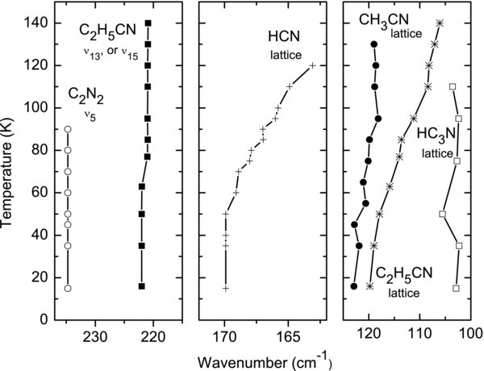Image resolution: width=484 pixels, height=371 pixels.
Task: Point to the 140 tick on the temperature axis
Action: pyautogui.click(x=32, y=23)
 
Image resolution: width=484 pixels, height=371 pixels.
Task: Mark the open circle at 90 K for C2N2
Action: pyautogui.click(x=68, y=129)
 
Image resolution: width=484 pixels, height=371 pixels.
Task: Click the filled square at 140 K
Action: pyautogui.click(x=148, y=23)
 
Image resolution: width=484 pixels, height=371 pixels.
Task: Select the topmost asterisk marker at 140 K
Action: pyautogui.click(x=440, y=23)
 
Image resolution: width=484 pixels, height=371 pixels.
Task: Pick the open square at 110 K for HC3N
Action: pyautogui.click(x=453, y=86)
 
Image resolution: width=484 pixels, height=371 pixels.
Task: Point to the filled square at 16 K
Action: pyautogui.click(x=142, y=286)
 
